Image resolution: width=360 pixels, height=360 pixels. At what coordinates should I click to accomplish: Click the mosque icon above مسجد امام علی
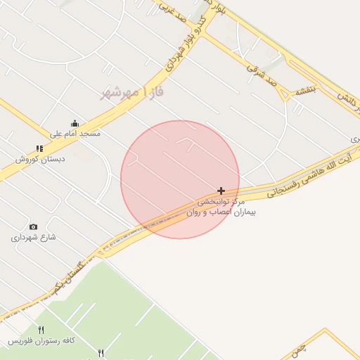pyautogui.click(x=75, y=124)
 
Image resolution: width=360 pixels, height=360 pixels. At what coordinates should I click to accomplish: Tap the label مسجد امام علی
pyautogui.click(x=75, y=133)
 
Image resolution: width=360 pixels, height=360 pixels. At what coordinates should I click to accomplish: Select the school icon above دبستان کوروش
pyautogui.click(x=39, y=148)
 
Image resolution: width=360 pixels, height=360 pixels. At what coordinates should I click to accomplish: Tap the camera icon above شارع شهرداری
pyautogui.click(x=33, y=226)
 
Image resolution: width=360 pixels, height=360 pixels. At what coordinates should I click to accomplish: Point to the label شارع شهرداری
pyautogui.click(x=33, y=238)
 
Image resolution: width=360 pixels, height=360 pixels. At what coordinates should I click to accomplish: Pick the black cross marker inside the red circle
pyautogui.click(x=221, y=191)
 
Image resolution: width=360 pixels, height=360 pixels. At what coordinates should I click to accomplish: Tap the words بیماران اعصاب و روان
pyautogui.click(x=221, y=211)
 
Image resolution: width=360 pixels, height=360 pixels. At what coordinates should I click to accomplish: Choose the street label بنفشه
pyautogui.click(x=307, y=90)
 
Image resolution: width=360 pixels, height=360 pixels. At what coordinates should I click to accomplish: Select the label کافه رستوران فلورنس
pyautogui.click(x=41, y=340)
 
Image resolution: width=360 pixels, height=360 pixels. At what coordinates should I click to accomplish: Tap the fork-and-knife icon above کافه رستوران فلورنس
pyautogui.click(x=41, y=330)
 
